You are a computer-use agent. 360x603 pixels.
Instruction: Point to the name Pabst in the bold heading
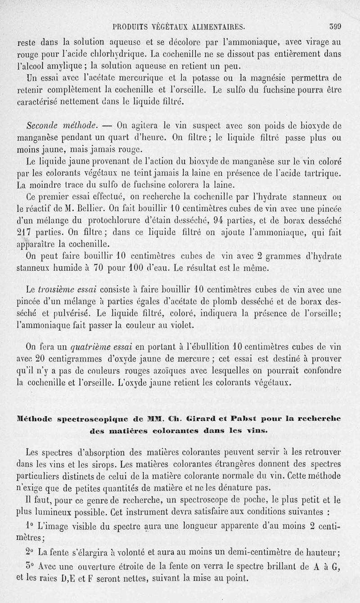pyautogui.click(x=237, y=419)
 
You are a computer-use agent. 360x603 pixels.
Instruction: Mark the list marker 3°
pyautogui.click(x=30, y=567)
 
